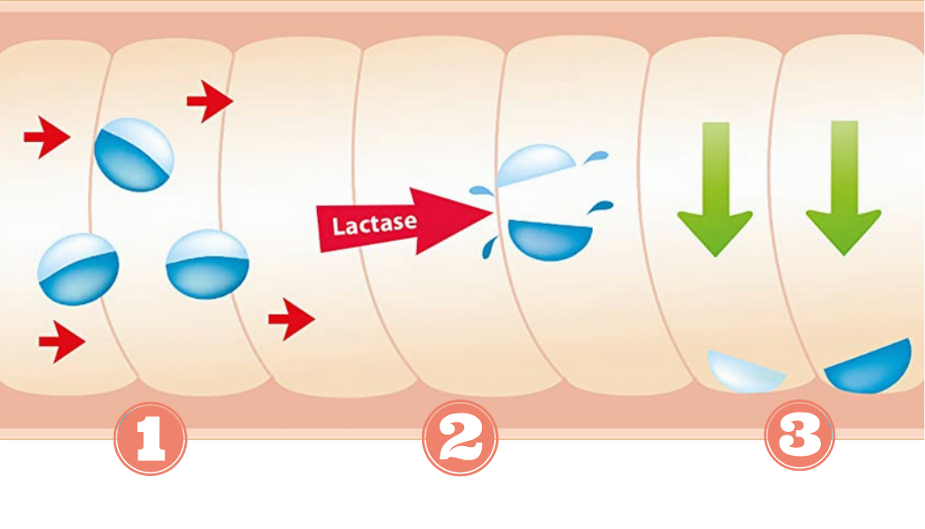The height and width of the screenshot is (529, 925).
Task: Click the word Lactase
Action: [374, 223]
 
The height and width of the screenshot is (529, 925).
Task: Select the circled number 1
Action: [151, 437]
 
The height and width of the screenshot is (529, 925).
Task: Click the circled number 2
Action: [460, 437]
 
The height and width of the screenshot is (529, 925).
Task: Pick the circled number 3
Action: [799, 435]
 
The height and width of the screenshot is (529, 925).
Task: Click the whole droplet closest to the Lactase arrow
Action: [208, 264]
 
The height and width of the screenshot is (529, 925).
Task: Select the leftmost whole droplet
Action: [78, 268]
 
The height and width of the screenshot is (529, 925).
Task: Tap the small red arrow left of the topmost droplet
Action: [46, 139]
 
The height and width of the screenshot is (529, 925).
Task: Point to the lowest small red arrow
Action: [62, 341]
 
